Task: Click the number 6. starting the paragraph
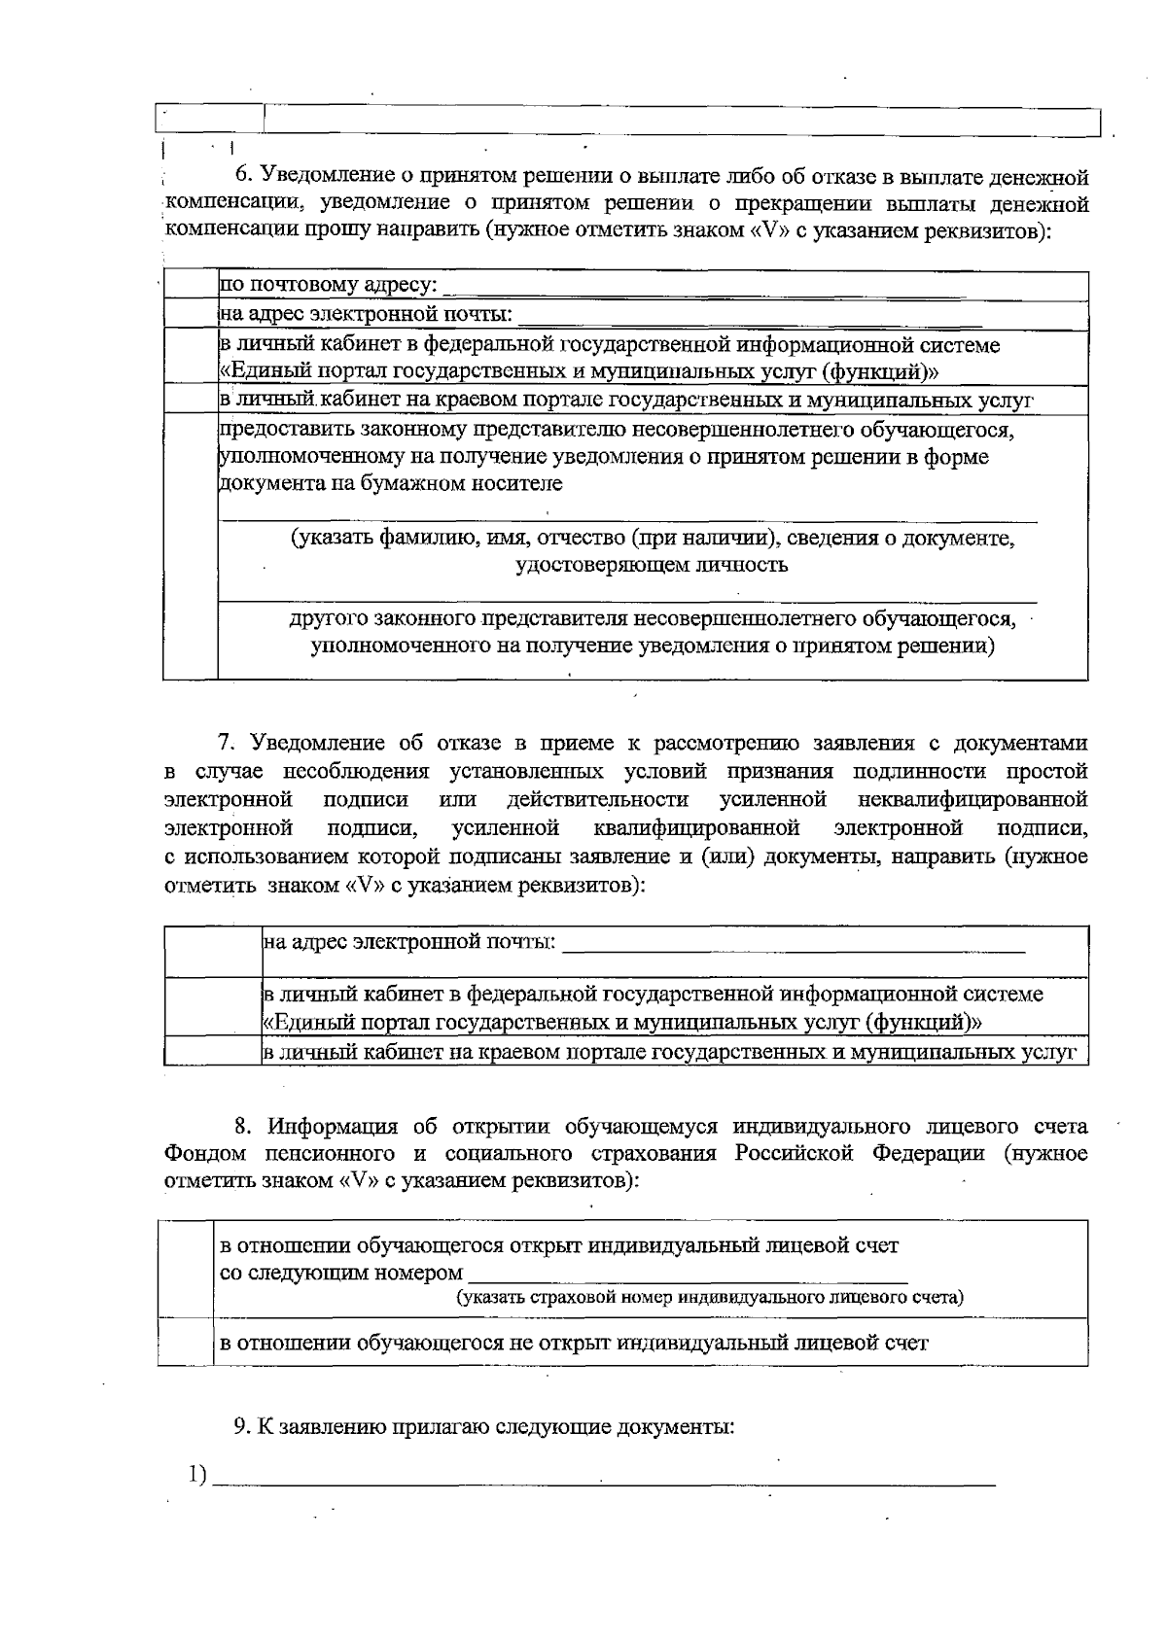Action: click(243, 177)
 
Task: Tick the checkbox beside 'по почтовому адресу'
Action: click(191, 286)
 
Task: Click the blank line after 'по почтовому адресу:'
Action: click(710, 289)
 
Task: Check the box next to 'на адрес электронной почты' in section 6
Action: click(191, 314)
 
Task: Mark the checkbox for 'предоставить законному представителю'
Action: click(191, 544)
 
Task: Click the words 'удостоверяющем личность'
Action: click(651, 565)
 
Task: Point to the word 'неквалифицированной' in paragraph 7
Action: click(972, 800)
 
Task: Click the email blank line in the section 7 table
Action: click(794, 946)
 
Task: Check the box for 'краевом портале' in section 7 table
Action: click(213, 1052)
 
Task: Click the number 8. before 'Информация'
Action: click(243, 1127)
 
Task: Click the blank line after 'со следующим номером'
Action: click(688, 1277)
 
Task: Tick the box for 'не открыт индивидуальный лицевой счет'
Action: click(185, 1343)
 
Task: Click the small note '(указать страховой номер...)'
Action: click(710, 1298)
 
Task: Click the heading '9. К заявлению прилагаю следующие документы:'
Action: click(483, 1427)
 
